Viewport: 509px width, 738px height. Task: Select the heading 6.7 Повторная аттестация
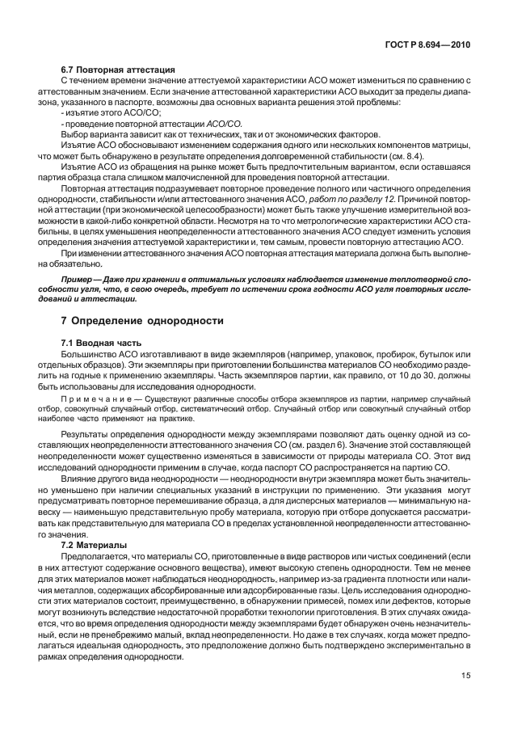(119, 71)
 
